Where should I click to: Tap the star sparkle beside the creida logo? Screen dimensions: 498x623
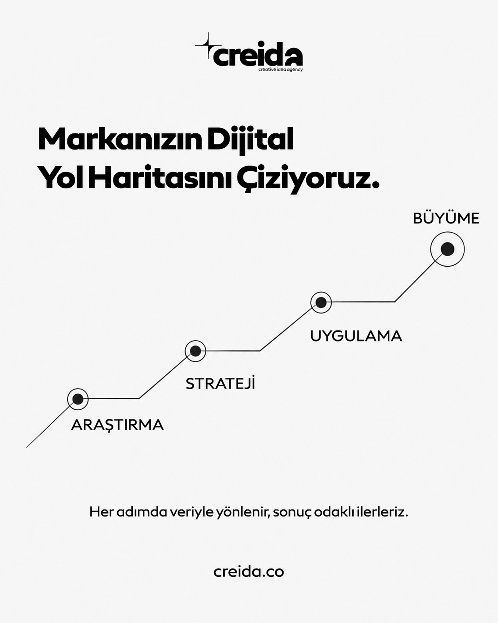click(x=208, y=45)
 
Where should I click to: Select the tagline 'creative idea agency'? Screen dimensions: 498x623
click(x=280, y=69)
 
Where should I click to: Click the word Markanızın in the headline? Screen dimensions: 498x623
click(x=120, y=140)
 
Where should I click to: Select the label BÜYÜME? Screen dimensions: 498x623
click(x=446, y=218)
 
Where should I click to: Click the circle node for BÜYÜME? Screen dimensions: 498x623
click(x=447, y=249)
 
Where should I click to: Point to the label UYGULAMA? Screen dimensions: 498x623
click(x=356, y=336)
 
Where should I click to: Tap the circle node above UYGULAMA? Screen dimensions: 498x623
click(x=321, y=302)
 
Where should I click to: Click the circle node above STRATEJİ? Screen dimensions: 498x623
click(x=195, y=351)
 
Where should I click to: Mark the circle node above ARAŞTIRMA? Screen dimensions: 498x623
click(x=78, y=399)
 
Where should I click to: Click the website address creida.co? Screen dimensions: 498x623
click(x=249, y=572)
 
